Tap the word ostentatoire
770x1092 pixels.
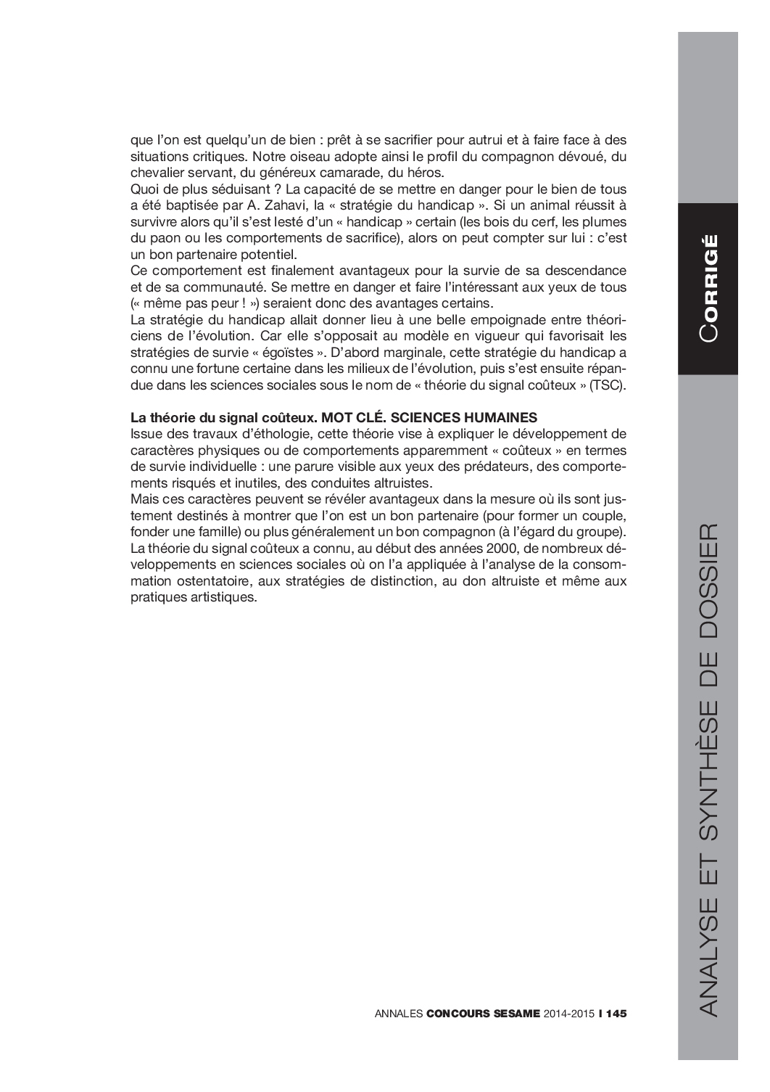coord(203,581)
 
